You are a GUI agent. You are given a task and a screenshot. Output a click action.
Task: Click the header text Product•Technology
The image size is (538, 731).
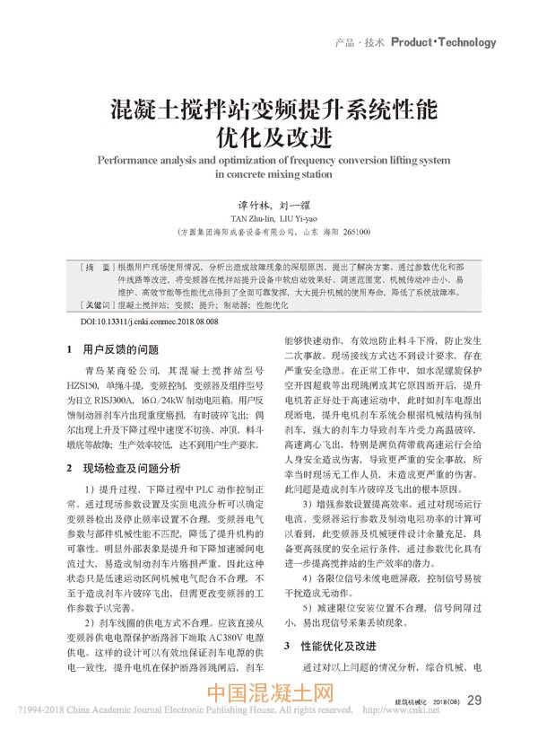click(443, 42)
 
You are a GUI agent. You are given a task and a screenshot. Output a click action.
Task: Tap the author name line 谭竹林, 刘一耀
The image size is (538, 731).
click(269, 204)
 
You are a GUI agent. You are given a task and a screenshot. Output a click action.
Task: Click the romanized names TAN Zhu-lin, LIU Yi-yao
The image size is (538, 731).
click(269, 217)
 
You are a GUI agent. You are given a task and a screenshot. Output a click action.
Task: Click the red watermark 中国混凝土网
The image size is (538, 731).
click(269, 694)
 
